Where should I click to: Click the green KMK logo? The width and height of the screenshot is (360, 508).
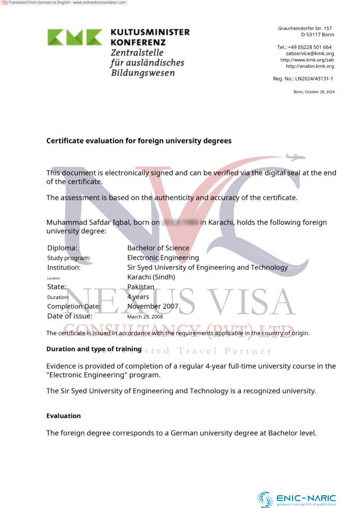[x=75, y=37]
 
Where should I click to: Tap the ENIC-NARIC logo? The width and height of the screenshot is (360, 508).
[x=296, y=499]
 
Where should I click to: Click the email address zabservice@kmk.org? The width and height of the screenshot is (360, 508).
[x=309, y=54]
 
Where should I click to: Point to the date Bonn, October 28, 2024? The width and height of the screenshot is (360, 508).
[x=314, y=92]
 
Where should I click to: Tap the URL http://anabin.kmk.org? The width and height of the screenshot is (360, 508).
[x=309, y=66]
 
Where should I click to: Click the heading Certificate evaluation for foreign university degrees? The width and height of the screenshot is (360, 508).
[x=139, y=141]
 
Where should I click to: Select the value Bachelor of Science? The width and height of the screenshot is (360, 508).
[x=158, y=248]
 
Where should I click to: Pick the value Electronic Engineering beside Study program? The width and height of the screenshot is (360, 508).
[x=163, y=258]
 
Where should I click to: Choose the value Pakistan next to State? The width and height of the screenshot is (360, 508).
[x=141, y=287]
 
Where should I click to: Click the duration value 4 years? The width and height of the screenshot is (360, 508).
[x=138, y=297]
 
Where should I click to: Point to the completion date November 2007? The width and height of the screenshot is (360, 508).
[x=152, y=307]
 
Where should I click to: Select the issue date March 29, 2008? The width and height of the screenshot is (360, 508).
[x=145, y=317]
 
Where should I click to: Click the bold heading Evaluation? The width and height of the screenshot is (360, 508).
[x=64, y=416]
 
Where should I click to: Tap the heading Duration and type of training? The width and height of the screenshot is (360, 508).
[x=94, y=349]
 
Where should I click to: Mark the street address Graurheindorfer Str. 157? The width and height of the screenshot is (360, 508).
[x=304, y=29]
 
